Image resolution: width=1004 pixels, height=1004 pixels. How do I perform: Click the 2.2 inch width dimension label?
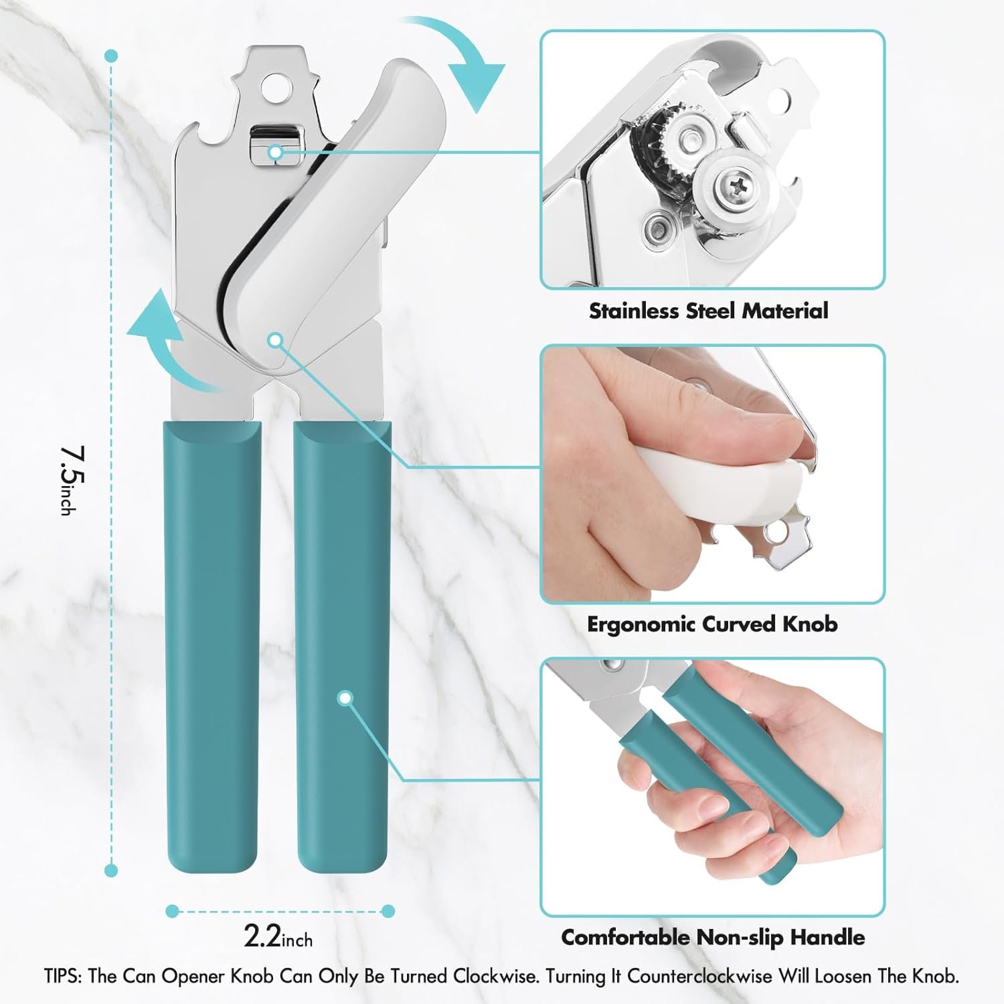(x=278, y=936)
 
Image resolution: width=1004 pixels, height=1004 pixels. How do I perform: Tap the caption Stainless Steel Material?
(x=708, y=311)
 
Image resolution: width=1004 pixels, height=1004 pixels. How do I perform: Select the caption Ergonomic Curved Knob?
(x=712, y=624)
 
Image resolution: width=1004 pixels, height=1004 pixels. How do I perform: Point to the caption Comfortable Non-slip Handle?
(x=713, y=937)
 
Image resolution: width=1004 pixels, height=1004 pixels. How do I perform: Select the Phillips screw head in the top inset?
(x=728, y=180)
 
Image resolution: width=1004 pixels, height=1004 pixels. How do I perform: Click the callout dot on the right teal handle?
(x=345, y=699)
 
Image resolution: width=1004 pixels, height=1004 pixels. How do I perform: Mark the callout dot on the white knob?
(x=274, y=340)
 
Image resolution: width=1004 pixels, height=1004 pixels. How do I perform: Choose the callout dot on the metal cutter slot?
(x=275, y=153)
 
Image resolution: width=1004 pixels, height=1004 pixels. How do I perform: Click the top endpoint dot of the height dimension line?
(x=112, y=56)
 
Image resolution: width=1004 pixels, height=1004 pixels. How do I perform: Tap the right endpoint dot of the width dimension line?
(x=388, y=910)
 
